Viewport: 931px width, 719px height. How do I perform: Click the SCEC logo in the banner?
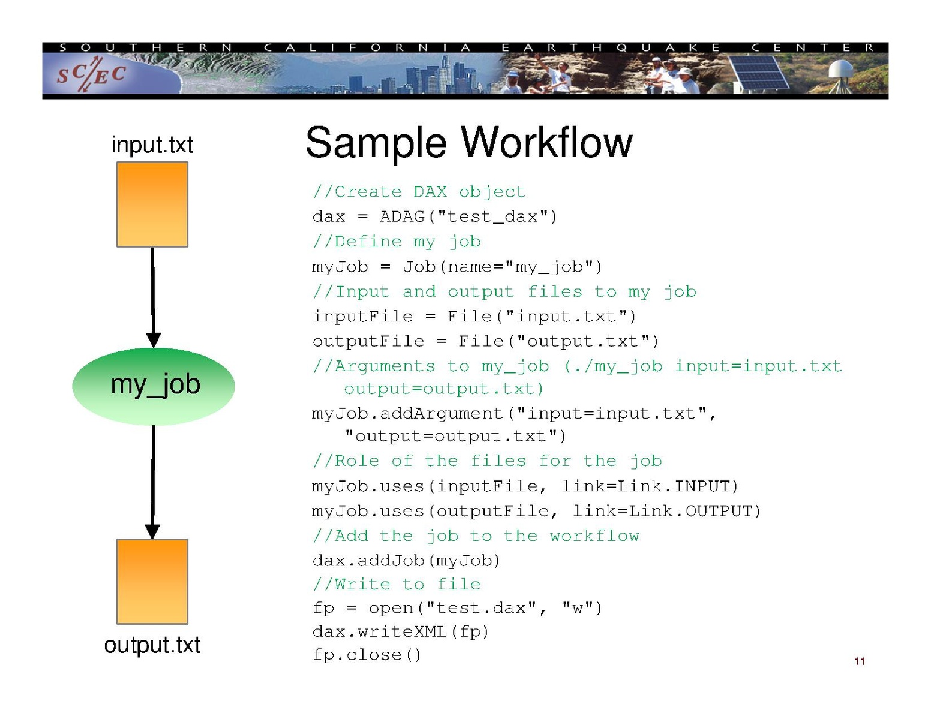coord(91,74)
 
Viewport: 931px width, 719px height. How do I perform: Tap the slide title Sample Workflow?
coord(468,143)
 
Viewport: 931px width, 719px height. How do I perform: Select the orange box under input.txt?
coord(152,204)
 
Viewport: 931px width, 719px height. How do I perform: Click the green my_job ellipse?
coord(154,386)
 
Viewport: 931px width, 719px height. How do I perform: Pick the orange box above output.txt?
coord(152,581)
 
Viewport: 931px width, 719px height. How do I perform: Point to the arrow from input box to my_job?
coord(153,297)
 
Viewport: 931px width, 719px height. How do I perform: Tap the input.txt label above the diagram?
coord(152,145)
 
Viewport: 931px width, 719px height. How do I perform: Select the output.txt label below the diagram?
coord(152,645)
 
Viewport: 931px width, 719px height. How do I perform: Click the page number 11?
coord(860,661)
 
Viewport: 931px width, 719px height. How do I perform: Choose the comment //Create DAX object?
coord(419,192)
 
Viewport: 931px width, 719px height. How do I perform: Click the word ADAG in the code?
coord(402,216)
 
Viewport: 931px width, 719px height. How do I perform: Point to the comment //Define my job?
coord(397,242)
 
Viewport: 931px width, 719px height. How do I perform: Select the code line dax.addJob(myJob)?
coord(406,561)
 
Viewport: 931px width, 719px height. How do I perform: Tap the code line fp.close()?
coord(367,655)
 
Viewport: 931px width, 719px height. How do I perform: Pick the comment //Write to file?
coord(397,584)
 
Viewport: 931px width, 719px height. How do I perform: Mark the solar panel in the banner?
coord(759,74)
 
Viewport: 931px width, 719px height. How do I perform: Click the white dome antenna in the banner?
coord(843,71)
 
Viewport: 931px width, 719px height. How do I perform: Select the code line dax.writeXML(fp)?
coord(401,631)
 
